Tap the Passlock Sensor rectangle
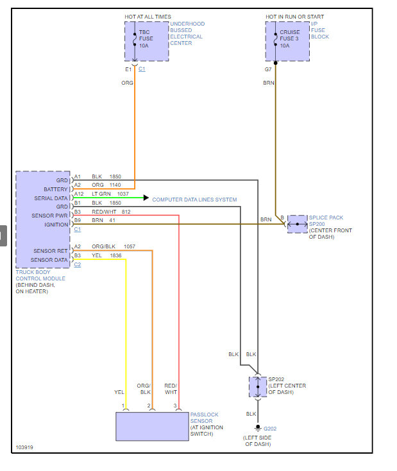[152, 426]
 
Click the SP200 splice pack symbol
[297, 224]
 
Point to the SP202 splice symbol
[257, 387]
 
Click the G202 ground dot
[257, 427]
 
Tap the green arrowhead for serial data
[146, 199]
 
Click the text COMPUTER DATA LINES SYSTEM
[194, 200]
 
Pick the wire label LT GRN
[101, 193]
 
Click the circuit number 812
[126, 211]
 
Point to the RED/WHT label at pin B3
[103, 211]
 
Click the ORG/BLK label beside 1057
[104, 246]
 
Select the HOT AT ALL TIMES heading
[148, 17]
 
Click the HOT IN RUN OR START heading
[295, 17]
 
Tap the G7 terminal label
[267, 69]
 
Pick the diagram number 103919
[25, 447]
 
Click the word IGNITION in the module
[56, 225]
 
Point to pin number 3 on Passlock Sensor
[175, 406]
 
